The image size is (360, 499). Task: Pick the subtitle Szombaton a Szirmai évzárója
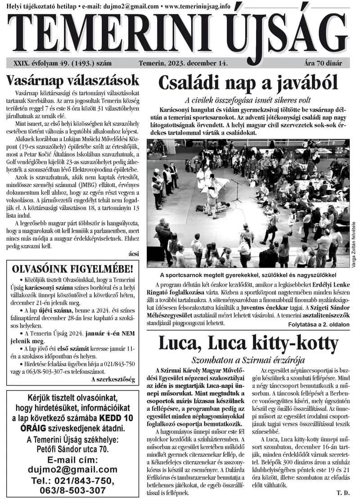pyautogui.click(x=248, y=360)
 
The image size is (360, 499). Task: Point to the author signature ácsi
pyautogui.click(x=134, y=254)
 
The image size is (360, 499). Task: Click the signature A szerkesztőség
pyautogui.click(x=113, y=379)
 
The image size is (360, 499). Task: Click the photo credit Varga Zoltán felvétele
pyautogui.click(x=353, y=243)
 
